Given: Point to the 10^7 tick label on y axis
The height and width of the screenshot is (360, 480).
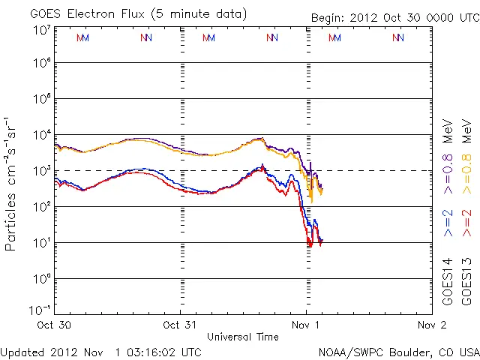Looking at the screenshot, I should point(41,30).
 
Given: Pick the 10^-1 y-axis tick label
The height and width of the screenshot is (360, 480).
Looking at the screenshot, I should point(40,309).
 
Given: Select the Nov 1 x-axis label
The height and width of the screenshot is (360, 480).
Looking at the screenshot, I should point(306,325).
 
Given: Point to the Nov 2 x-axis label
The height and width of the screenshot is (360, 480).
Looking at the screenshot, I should point(430,325).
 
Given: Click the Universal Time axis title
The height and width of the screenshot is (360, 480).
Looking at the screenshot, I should point(243,337).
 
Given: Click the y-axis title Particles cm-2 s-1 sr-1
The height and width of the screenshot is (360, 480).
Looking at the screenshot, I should point(13,183).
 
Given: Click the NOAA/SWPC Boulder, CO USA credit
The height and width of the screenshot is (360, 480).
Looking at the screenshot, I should point(398,352).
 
